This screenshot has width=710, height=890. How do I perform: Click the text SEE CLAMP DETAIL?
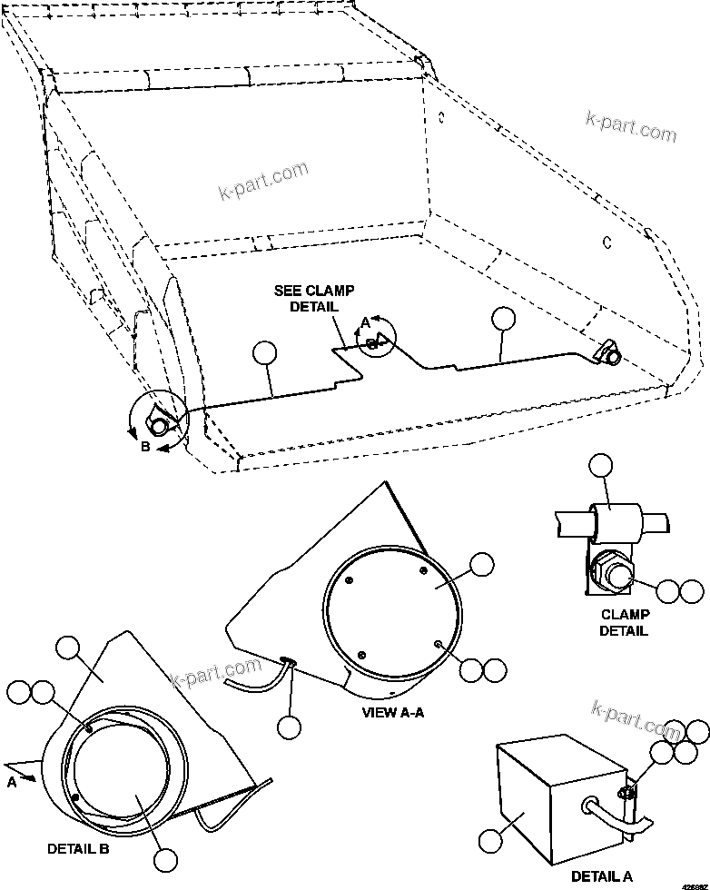pos(314,299)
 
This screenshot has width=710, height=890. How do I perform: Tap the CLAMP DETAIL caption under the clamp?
pos(623,623)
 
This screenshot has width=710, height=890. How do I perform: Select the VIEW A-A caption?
pos(392,712)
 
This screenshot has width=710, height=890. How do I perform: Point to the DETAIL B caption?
pos(78,848)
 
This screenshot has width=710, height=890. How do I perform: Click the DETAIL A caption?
pos(601,875)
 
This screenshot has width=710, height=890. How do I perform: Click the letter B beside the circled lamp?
pos(145,446)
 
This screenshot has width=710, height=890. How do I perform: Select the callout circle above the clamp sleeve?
pos(601,467)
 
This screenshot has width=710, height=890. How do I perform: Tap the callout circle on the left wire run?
pos(263,353)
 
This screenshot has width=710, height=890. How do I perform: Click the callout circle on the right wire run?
pos(502,318)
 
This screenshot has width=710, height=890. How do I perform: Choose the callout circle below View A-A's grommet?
pos(289,727)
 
